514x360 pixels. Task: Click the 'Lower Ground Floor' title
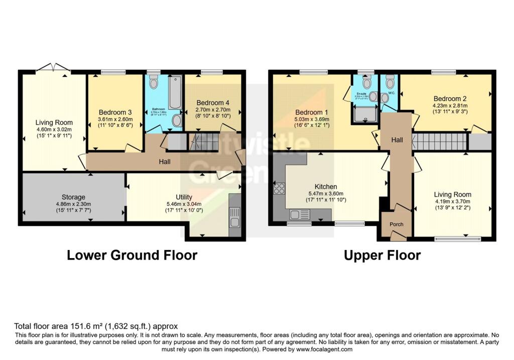[x=132, y=255]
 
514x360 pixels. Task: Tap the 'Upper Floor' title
[x=382, y=255]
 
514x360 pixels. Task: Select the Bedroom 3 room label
[x=115, y=111]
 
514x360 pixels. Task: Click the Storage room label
[x=73, y=197]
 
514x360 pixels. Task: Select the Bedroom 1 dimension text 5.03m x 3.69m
[x=312, y=119]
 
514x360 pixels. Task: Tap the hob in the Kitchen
[x=279, y=189]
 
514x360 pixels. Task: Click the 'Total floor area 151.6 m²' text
[x=95, y=326]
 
